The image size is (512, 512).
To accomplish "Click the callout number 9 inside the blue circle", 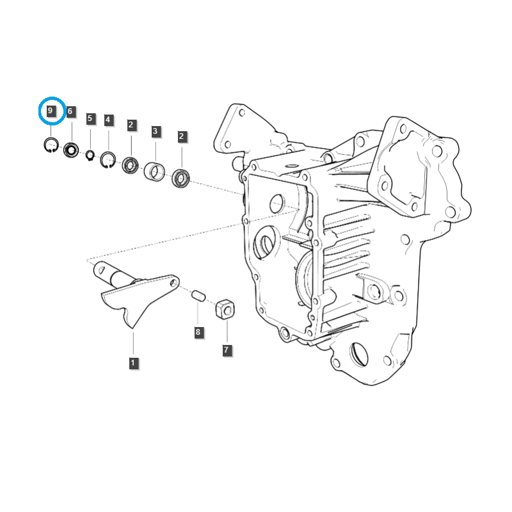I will [x=51, y=111].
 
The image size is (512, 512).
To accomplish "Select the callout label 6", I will [x=70, y=111].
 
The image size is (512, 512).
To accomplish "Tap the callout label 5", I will [x=90, y=118].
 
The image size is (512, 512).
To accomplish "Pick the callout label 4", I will [x=108, y=120].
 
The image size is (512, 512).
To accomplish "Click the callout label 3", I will [x=155, y=132].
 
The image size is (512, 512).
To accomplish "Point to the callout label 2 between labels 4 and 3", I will [x=131, y=125].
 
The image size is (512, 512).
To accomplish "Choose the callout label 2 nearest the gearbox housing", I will [x=182, y=136].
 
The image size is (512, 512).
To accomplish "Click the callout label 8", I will [x=198, y=332].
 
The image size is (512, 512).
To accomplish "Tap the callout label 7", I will [x=227, y=350].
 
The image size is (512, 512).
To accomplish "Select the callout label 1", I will [x=132, y=363].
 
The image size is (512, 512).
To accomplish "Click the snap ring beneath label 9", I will [x=51, y=146].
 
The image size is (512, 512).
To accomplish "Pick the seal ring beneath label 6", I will [x=70, y=151].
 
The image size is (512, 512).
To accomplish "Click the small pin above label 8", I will [x=198, y=296].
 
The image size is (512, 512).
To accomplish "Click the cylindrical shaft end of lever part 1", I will [x=106, y=274].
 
